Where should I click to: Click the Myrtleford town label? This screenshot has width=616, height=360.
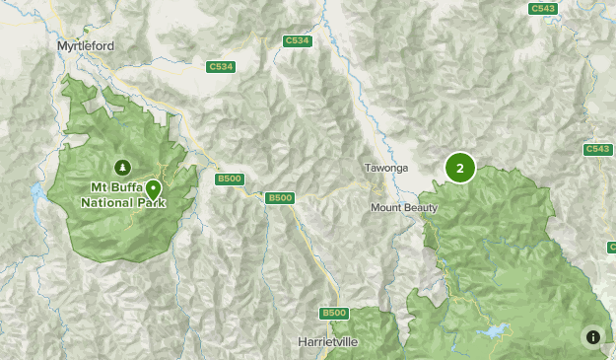[87, 45]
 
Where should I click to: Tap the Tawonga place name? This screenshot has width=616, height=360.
[385, 168]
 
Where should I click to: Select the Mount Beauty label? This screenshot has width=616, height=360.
[403, 208]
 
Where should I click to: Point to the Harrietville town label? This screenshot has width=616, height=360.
[328, 341]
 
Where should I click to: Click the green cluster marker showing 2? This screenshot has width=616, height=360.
[459, 168]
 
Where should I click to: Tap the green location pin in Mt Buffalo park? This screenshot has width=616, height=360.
[154, 189]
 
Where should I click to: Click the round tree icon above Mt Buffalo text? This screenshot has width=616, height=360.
[122, 167]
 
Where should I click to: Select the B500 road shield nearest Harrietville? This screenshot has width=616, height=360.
[335, 313]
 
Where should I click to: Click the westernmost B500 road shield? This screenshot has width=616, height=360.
[229, 179]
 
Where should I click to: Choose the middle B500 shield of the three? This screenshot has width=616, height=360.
[280, 198]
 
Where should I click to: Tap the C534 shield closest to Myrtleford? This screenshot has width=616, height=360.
[221, 67]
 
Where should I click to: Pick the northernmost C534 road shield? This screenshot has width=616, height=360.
[296, 40]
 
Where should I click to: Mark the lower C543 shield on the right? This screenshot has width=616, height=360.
[597, 149]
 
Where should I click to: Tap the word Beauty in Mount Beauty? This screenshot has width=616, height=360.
[420, 208]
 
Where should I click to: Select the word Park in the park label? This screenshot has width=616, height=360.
[152, 203]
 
